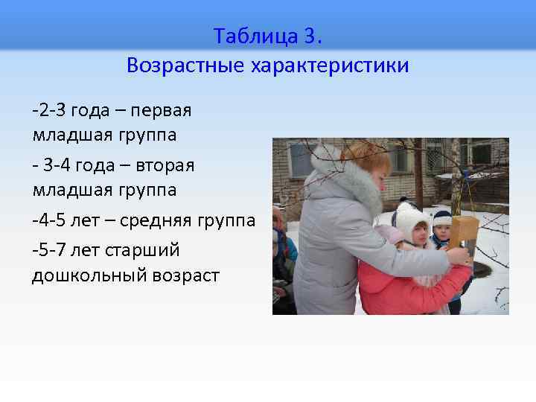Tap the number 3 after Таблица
pyautogui.click(x=312, y=36)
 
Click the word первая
pyautogui.click(x=162, y=110)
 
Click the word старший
pyautogui.click(x=145, y=249)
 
